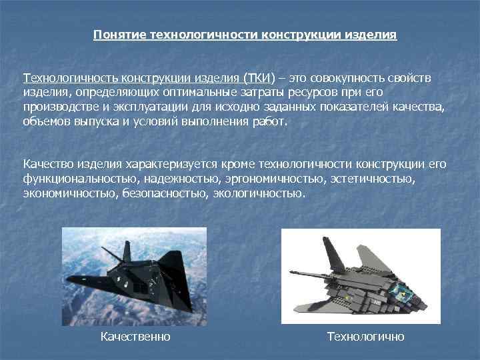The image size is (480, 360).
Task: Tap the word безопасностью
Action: pyautogui.click(x=166, y=193)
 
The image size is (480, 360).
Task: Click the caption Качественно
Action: pyautogui.click(x=135, y=337)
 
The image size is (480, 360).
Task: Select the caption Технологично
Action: pyautogui.click(x=365, y=337)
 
